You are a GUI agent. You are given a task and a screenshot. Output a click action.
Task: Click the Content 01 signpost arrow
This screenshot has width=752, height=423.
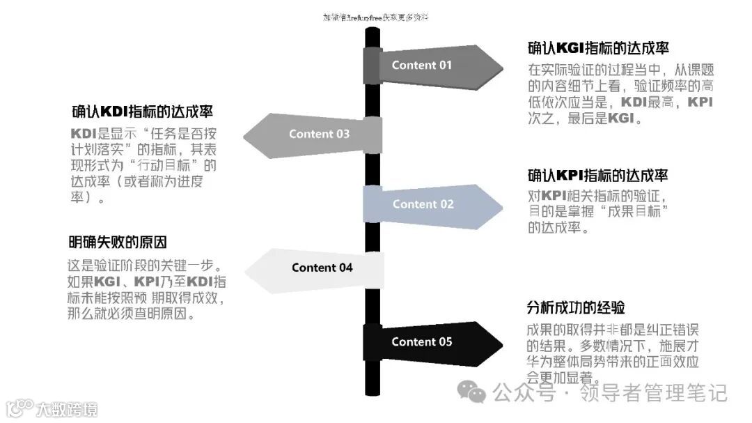[x=432, y=66]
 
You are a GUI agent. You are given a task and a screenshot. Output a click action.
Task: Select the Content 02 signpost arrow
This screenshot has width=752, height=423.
[x=432, y=204]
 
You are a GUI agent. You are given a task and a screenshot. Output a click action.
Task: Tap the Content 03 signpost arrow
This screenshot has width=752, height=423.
[x=313, y=134]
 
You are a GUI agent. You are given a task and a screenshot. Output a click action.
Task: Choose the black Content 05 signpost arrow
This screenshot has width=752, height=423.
[x=432, y=341]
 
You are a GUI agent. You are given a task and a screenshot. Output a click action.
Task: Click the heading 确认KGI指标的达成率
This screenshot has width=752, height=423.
[x=598, y=48]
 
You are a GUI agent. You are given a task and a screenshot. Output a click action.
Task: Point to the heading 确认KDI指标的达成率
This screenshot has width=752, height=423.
[x=142, y=111]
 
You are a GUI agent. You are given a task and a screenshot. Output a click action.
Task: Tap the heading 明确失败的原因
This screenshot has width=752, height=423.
[x=118, y=243]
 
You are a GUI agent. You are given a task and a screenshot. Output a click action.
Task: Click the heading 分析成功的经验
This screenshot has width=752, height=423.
[x=576, y=307]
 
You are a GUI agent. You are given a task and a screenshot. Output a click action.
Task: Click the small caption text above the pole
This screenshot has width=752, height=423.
[x=375, y=17]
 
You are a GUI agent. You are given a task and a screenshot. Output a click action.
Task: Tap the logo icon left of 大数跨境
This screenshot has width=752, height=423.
[x=18, y=408]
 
